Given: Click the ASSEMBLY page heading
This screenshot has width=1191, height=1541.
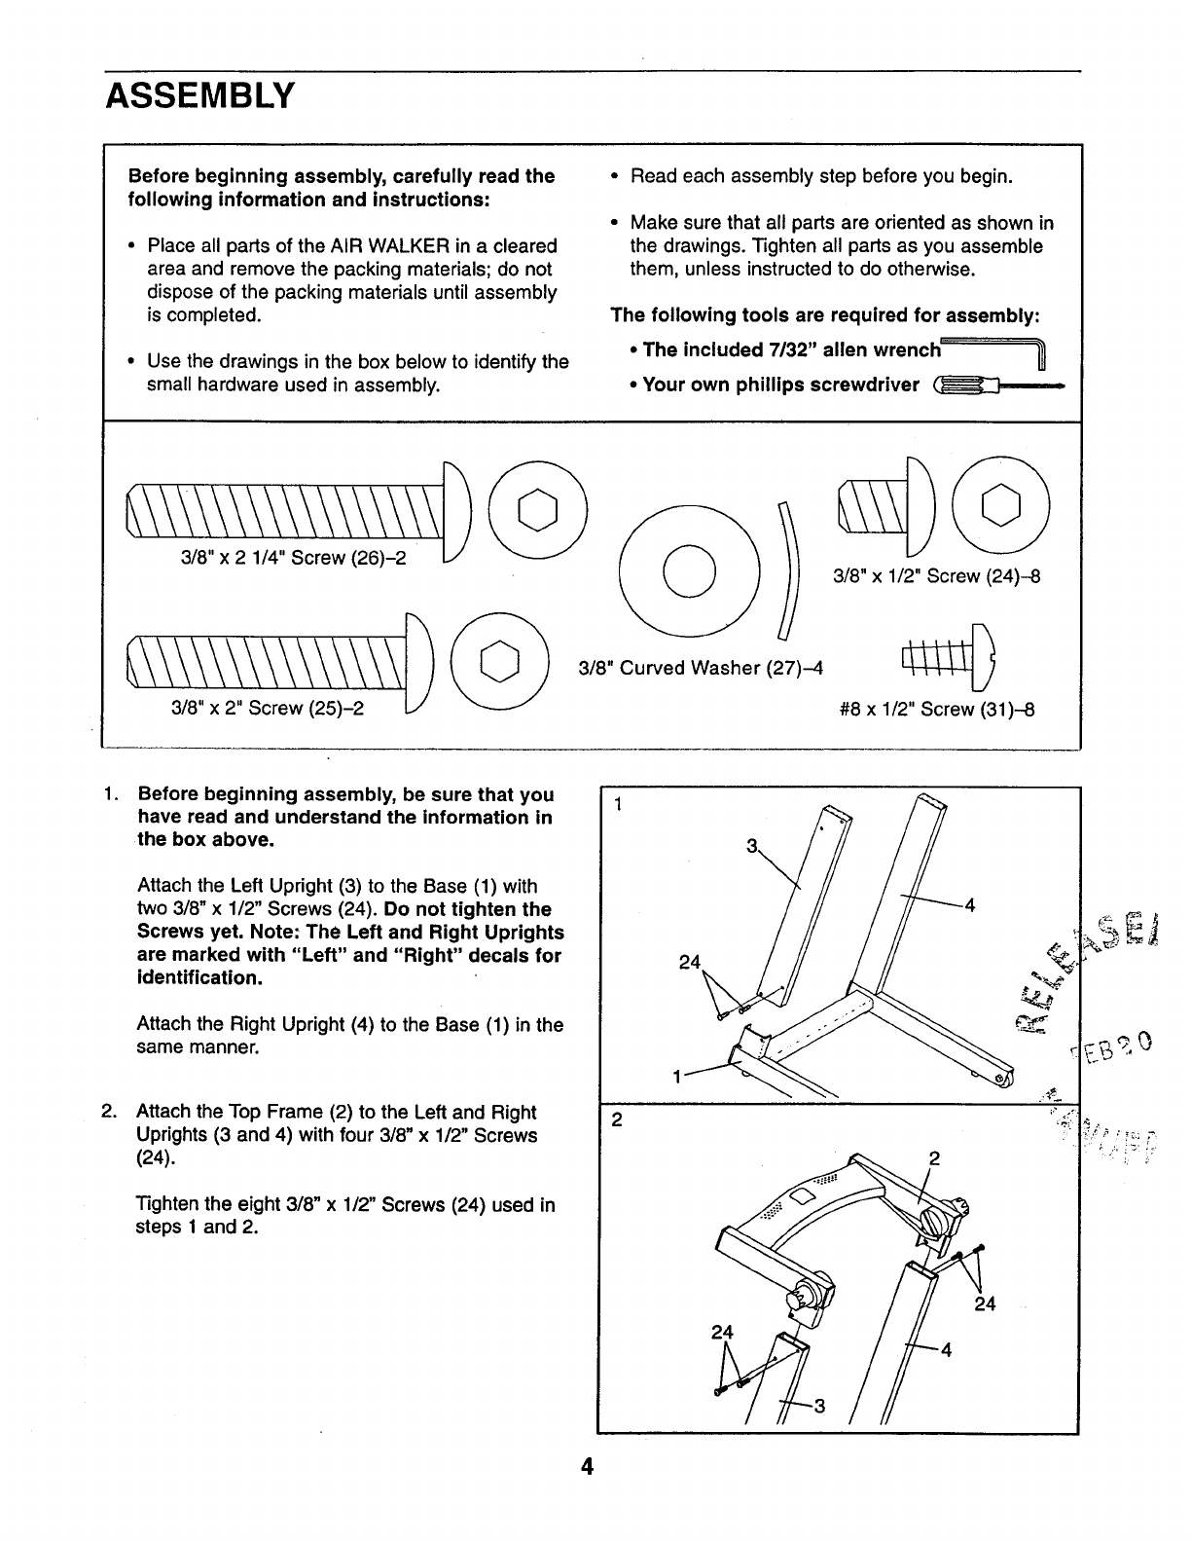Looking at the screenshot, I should (199, 95).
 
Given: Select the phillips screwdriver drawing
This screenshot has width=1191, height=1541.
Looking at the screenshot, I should (996, 386).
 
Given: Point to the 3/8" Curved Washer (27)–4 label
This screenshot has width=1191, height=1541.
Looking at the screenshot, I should (701, 668).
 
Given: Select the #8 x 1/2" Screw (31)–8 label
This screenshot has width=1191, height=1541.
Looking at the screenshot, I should (936, 709).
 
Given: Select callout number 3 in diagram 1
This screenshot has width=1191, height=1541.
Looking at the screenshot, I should (751, 846).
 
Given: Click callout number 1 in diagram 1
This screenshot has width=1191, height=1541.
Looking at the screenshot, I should (675, 1078).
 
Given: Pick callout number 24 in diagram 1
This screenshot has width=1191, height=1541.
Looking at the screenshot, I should (690, 963).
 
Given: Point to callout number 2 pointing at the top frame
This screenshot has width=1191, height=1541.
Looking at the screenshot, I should (934, 1158).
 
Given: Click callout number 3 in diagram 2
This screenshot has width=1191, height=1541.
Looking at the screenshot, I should (819, 1406).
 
